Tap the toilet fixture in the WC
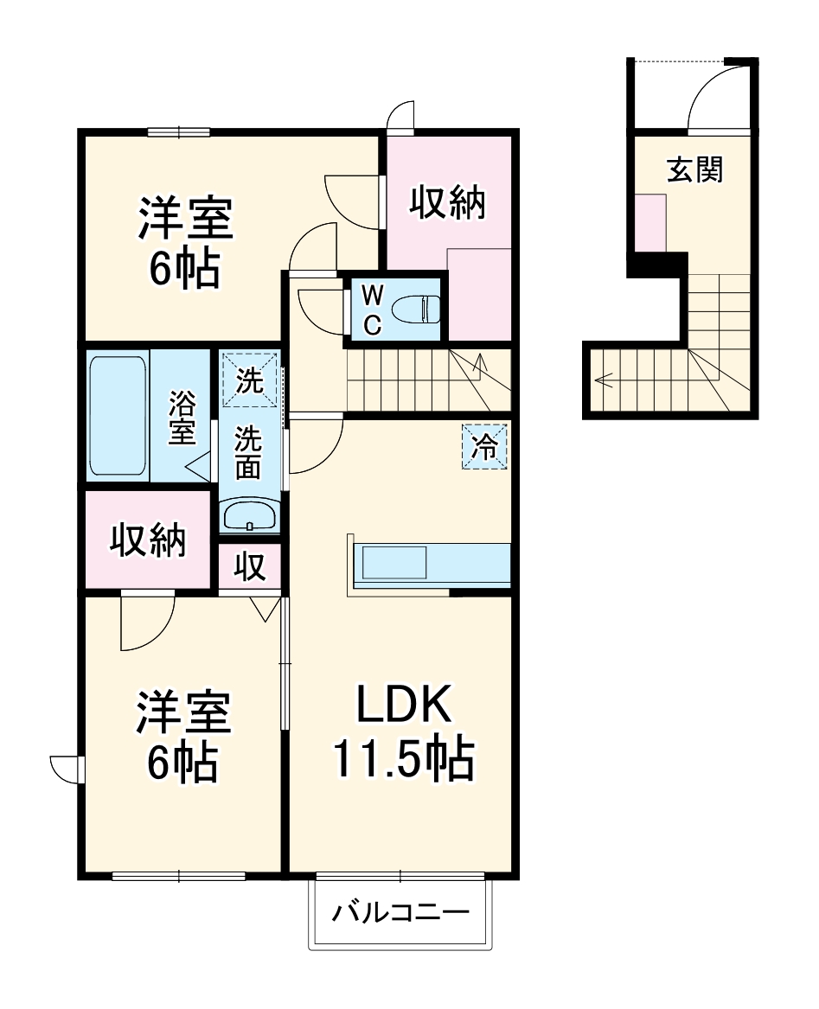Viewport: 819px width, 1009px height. [415, 308]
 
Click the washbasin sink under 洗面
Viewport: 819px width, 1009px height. [249, 517]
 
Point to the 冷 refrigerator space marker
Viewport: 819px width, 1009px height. [483, 447]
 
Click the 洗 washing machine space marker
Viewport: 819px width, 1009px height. [250, 381]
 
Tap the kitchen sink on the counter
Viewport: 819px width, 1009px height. [394, 564]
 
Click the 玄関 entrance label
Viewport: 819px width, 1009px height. [694, 170]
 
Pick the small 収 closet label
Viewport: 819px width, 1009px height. [250, 567]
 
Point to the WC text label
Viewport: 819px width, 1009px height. [371, 310]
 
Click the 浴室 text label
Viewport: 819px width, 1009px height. [182, 418]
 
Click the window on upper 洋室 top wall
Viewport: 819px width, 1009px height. [179, 132]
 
